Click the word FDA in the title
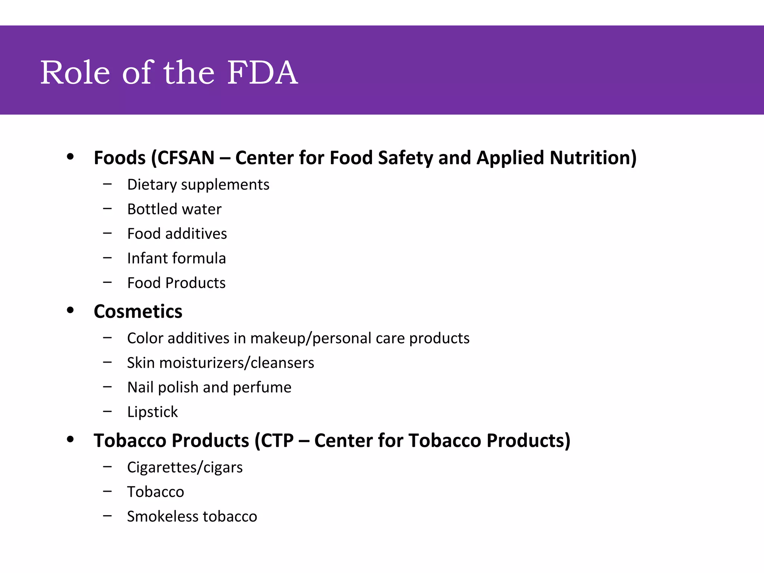(262, 72)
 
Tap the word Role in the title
(75, 72)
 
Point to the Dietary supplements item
(198, 185)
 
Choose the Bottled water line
(174, 209)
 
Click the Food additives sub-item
(177, 234)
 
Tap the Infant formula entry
(176, 259)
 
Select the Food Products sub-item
(176, 283)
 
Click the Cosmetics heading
(138, 311)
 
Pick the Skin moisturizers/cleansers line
(220, 363)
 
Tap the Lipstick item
(152, 412)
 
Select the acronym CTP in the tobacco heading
(277, 441)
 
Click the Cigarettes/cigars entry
(185, 467)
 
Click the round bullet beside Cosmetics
(70, 310)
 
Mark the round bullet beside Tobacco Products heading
(70, 439)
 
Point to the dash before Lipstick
(107, 411)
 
